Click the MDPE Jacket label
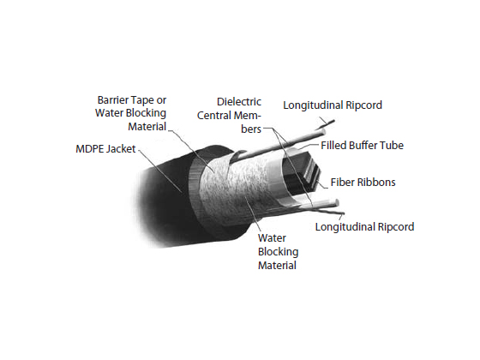tap(105, 149)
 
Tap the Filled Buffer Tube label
tap(362, 146)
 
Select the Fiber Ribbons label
tap(363, 182)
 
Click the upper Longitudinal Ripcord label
tap(333, 105)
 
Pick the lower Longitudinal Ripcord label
tap(364, 227)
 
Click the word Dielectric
tap(239, 102)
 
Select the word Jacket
tap(122, 149)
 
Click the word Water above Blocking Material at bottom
tap(272, 238)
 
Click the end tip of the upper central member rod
tap(323, 132)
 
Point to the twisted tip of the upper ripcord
tap(333, 121)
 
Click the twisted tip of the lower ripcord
tap(343, 213)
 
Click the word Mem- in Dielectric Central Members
tap(248, 116)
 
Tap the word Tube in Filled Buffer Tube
tap(394, 146)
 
